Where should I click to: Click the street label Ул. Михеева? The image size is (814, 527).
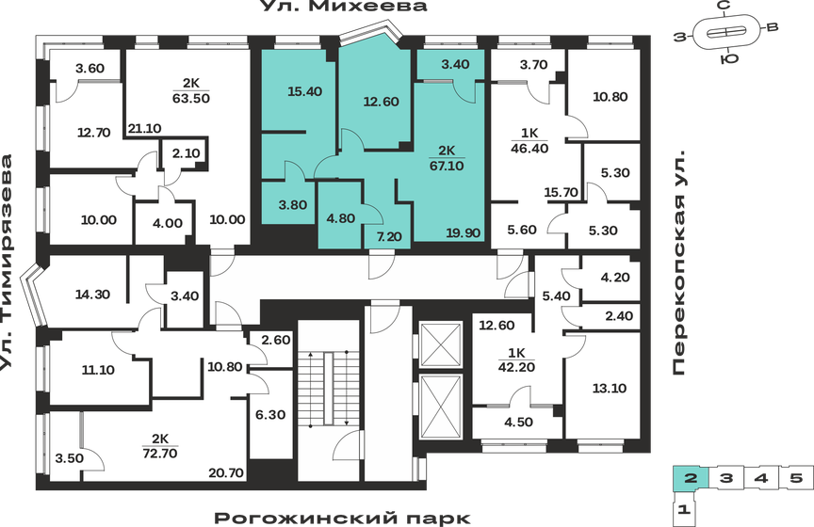click(344, 8)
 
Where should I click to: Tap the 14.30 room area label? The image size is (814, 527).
click(93, 294)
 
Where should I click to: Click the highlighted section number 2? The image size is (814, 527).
click(691, 479)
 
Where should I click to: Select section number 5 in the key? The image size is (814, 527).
click(796, 479)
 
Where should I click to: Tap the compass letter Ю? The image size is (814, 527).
click(727, 60)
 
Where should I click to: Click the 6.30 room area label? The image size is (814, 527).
click(271, 414)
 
